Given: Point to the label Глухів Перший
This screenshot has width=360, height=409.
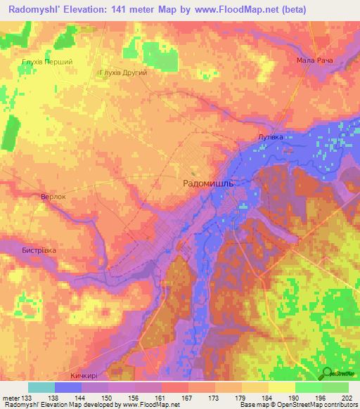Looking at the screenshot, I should [48, 62].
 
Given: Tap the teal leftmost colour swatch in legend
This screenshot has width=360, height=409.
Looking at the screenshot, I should [41, 387].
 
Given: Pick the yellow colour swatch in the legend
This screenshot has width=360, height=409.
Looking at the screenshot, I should [281, 387].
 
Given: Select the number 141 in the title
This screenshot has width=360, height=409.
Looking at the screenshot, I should [136, 11].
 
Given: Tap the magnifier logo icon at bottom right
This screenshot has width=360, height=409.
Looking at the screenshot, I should [328, 374].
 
